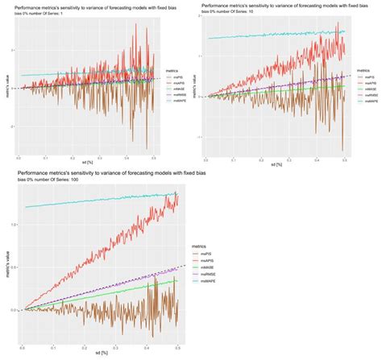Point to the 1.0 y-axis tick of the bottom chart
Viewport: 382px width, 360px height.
pos(18,224)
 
